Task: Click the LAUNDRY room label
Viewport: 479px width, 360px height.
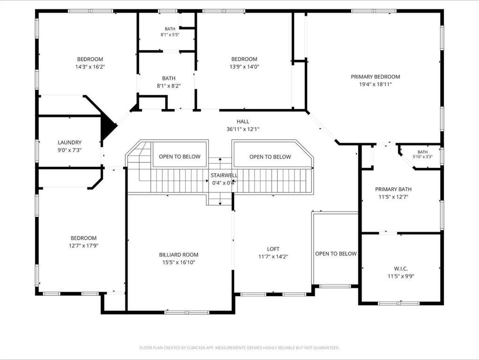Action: pyautogui.click(x=70, y=142)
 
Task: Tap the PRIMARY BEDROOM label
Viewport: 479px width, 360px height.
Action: pyautogui.click(x=375, y=77)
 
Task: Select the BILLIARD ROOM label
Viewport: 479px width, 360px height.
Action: pyautogui.click(x=179, y=255)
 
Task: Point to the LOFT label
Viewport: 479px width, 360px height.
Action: pyautogui.click(x=273, y=249)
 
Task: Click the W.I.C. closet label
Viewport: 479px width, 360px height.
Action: pyautogui.click(x=401, y=269)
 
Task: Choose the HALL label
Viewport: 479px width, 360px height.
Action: pyautogui.click(x=243, y=122)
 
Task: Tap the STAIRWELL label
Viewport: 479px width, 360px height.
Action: pyautogui.click(x=224, y=176)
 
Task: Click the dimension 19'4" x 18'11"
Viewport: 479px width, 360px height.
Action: pyautogui.click(x=375, y=84)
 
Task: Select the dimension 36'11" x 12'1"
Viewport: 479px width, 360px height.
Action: pyautogui.click(x=243, y=129)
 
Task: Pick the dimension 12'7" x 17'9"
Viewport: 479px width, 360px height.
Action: pyautogui.click(x=83, y=246)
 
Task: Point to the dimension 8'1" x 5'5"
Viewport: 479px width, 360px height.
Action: pyautogui.click(x=170, y=35)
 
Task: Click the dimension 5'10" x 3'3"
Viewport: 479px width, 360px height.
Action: pyautogui.click(x=422, y=157)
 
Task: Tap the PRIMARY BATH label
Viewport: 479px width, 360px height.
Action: pyautogui.click(x=393, y=189)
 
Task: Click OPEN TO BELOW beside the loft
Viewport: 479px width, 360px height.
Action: pyautogui.click(x=336, y=254)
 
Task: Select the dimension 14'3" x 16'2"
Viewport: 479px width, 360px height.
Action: pyautogui.click(x=90, y=66)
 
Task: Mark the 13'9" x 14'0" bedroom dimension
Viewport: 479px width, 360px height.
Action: pyautogui.click(x=244, y=66)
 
